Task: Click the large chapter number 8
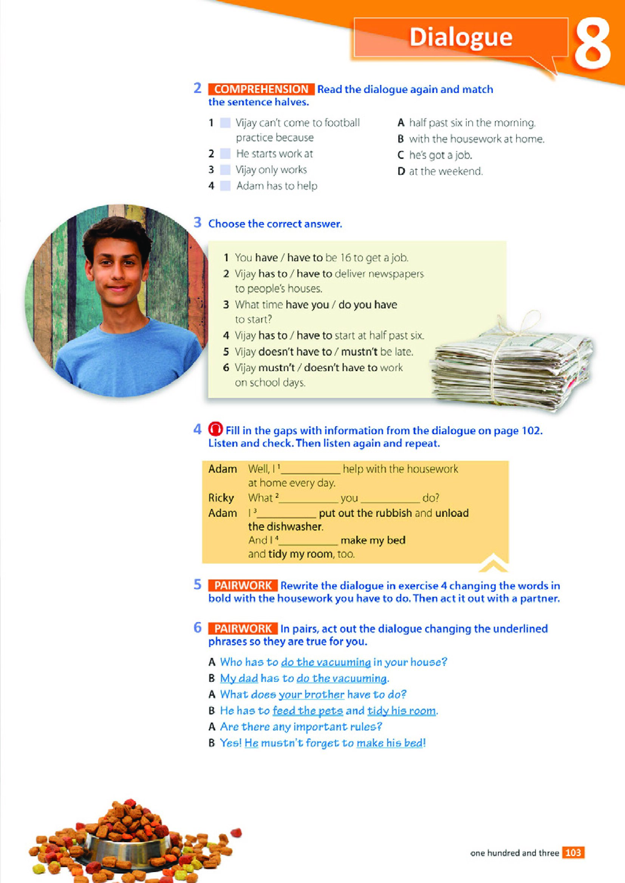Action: click(x=592, y=44)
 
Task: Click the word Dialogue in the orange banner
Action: click(x=461, y=37)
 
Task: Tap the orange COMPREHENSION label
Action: click(x=261, y=89)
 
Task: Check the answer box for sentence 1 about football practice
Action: click(x=225, y=123)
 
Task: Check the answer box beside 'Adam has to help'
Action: click(x=225, y=186)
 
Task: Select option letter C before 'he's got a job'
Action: click(x=401, y=156)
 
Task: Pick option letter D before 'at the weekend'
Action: click(x=401, y=171)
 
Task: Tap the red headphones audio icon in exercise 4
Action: click(x=215, y=429)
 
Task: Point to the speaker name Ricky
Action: click(x=221, y=498)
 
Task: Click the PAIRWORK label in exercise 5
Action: click(x=243, y=586)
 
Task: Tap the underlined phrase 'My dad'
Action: click(x=238, y=678)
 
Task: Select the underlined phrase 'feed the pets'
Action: click(x=308, y=711)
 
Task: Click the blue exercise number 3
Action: click(x=197, y=222)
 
